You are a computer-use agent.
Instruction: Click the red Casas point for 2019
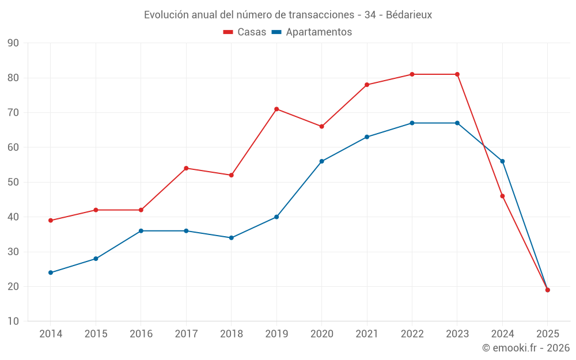[276, 109]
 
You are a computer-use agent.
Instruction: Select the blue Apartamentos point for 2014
[51, 272]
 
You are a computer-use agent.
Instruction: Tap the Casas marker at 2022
[412, 74]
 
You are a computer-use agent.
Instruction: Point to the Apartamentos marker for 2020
[321, 161]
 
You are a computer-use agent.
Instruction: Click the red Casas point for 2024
[502, 196]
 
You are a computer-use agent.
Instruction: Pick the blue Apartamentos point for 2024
[502, 161]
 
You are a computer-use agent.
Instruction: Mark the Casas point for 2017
[186, 168]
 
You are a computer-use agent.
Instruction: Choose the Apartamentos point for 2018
[231, 238]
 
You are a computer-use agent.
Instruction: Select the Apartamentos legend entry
[312, 32]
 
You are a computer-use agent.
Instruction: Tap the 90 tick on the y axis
[13, 43]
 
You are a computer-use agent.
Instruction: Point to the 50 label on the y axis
[13, 183]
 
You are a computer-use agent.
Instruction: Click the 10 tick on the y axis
[13, 321]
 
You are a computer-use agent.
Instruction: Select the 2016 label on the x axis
[141, 334]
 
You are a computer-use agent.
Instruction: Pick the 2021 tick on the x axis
[367, 334]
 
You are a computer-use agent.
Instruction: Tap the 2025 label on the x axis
[547, 334]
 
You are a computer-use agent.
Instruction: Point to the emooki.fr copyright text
[525, 348]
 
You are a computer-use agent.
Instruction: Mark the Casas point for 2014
[51, 220]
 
